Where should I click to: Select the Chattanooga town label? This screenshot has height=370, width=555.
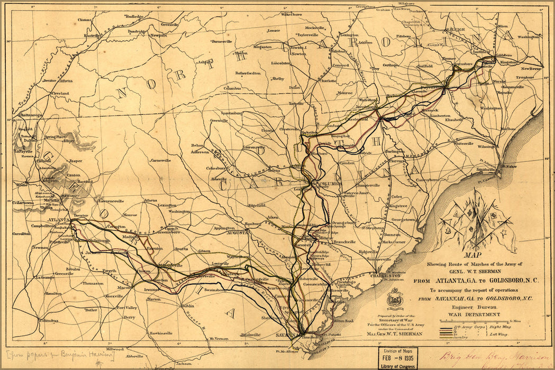point(30,115)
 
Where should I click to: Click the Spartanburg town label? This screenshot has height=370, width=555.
point(231,113)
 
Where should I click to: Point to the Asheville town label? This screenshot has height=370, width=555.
point(205,62)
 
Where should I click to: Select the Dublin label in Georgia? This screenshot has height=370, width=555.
point(187,306)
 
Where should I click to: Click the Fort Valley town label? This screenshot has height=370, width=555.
point(127,308)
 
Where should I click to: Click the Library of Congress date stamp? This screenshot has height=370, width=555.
point(400,359)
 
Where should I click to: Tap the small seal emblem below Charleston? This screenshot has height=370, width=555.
point(394,299)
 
